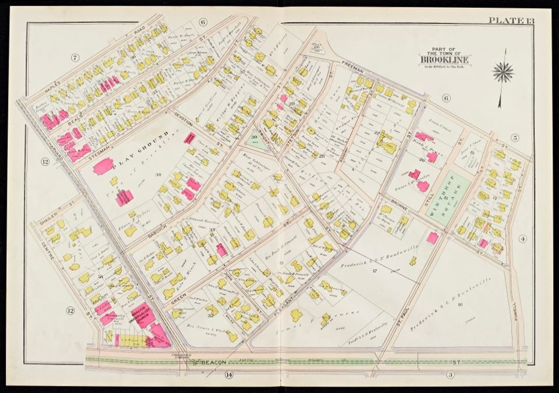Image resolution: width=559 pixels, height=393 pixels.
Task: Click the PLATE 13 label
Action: [x=510, y=20]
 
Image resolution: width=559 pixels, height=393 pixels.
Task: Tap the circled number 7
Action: [x=75, y=58]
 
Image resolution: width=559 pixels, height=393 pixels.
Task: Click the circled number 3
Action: [x=449, y=375]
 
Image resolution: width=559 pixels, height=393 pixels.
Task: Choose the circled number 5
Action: [x=515, y=137]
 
